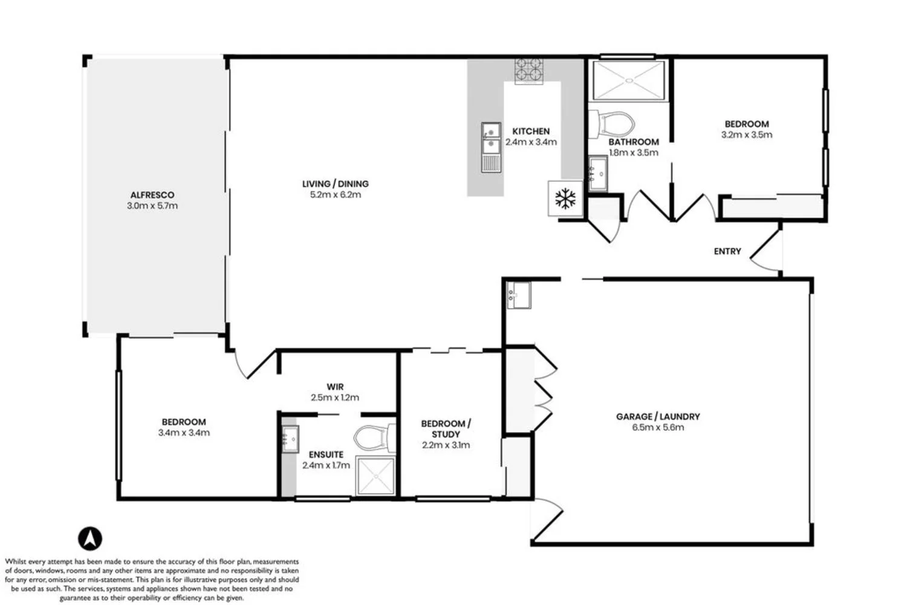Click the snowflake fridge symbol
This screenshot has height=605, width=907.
pos(566,198)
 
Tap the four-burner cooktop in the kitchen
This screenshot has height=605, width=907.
pos(528,70)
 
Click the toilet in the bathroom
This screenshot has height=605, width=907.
pos(612,123)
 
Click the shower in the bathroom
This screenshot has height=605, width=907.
pos(629,80)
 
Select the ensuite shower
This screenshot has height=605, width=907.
pos(375,476)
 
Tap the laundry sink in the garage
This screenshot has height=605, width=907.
pos(519,295)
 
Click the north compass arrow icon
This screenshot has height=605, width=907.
pos(89,538)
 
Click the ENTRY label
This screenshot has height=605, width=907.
pos(727,251)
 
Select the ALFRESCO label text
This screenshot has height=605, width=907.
pos(152,195)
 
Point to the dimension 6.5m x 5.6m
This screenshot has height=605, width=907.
pos(658,427)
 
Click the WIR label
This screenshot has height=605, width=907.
pos(335,387)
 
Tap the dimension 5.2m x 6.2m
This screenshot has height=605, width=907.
pos(335,194)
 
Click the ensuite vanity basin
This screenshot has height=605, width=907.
pos(290,437)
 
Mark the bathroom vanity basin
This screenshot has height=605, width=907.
pos(598,172)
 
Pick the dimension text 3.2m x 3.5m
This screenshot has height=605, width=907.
pos(747,134)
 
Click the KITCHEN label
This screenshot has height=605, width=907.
pos(531,131)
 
